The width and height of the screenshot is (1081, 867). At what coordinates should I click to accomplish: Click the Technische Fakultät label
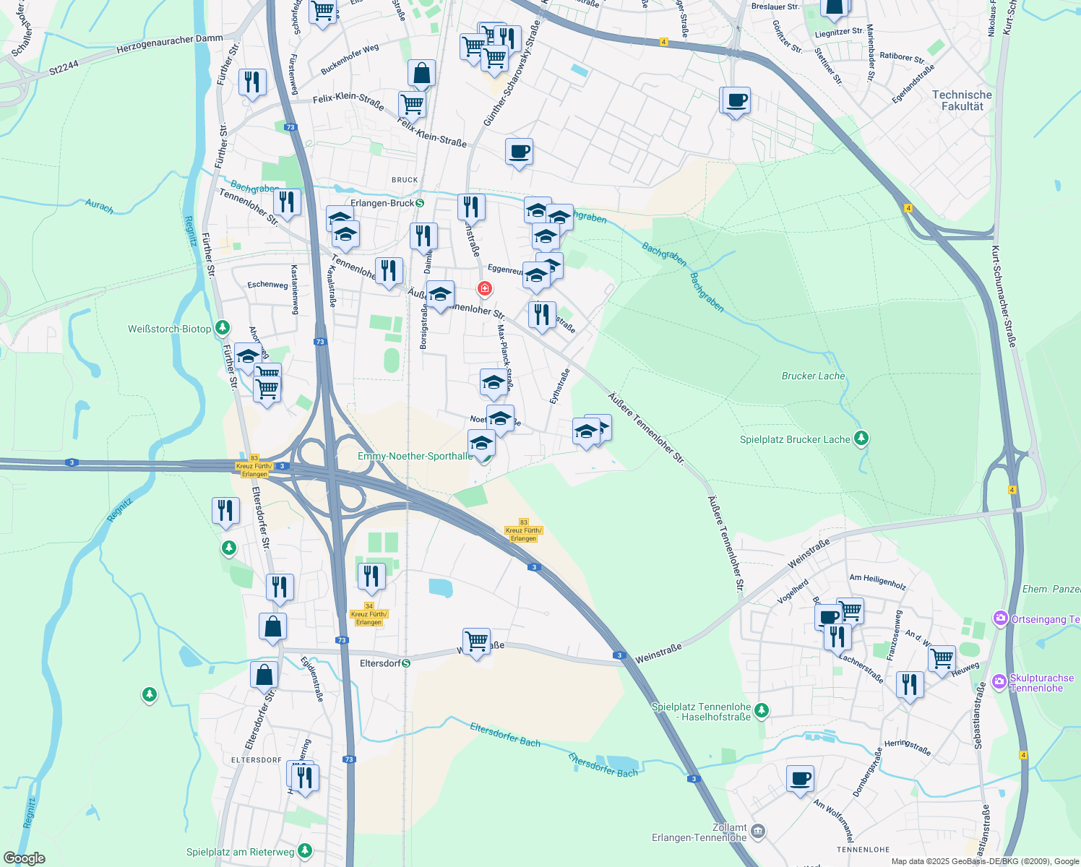(x=962, y=100)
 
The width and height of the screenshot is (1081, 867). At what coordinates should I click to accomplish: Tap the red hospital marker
(x=484, y=289)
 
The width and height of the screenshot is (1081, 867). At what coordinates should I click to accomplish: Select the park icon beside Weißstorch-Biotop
(x=223, y=329)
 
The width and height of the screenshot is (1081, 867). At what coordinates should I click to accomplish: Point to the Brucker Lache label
(x=813, y=376)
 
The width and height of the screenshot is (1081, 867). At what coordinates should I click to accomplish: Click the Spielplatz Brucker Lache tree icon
(x=861, y=439)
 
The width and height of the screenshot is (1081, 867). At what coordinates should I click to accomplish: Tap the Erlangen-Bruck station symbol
(x=421, y=203)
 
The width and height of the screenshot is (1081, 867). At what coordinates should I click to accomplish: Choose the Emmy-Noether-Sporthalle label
(x=415, y=456)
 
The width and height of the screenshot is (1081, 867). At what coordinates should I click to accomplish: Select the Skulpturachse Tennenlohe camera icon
(x=999, y=681)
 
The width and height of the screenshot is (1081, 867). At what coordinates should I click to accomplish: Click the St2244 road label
(x=64, y=69)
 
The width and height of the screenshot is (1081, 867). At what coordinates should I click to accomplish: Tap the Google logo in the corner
(x=25, y=858)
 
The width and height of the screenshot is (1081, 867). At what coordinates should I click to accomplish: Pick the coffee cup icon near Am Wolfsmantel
(x=800, y=780)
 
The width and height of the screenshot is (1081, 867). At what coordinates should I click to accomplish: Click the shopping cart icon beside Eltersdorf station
(x=476, y=642)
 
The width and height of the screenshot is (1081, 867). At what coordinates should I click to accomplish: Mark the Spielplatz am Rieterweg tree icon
(x=305, y=851)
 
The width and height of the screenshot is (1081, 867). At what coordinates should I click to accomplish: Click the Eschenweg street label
(x=267, y=285)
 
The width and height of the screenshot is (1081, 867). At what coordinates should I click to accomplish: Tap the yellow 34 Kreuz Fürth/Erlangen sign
(x=369, y=614)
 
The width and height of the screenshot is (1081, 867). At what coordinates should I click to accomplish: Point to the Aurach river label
(x=99, y=207)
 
